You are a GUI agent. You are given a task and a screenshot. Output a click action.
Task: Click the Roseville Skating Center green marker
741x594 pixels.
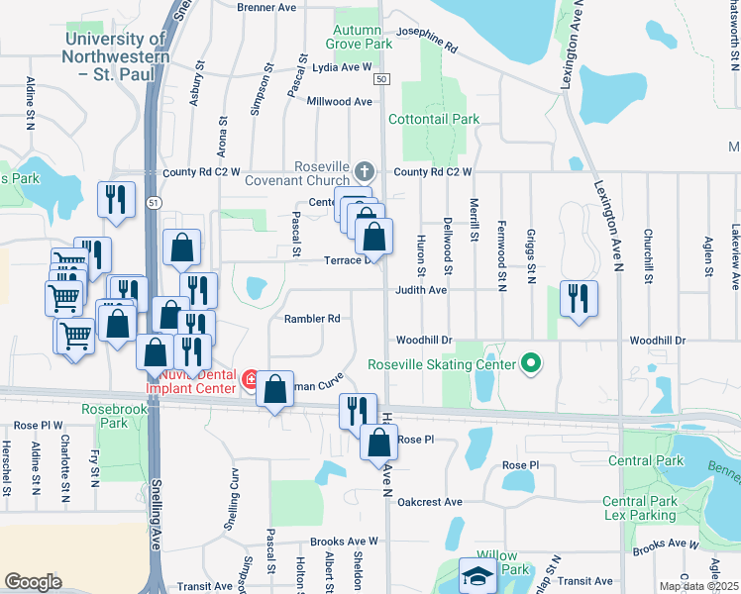531,364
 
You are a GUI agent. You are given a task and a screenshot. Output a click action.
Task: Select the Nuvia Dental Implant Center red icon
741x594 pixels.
251,378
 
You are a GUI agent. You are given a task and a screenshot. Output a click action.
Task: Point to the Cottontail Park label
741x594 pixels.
434,119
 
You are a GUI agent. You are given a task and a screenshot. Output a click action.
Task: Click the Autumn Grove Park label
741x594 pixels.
358,37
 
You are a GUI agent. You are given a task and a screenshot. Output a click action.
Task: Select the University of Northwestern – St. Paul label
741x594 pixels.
115,48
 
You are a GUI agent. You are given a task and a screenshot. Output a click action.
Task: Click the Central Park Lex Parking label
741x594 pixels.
640,509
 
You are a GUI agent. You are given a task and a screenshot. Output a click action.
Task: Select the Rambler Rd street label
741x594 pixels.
312,319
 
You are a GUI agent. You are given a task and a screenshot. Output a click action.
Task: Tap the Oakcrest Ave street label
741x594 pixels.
430,502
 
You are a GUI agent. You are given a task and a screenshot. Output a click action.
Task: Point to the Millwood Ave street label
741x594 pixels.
339,101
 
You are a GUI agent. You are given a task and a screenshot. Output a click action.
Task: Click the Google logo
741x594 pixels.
33,582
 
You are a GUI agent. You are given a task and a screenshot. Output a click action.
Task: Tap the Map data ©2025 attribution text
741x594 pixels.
698,587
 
